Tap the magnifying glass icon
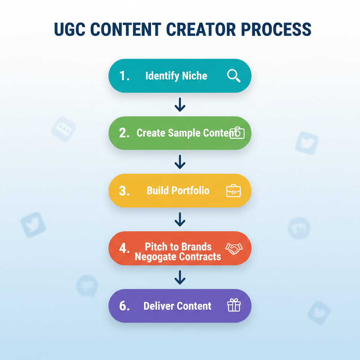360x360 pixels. (234, 76)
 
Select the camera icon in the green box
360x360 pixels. (237, 133)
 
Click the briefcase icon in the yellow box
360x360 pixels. (233, 191)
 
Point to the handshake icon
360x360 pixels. (234, 248)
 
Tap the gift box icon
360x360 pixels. (234, 306)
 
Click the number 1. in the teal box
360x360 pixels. (124, 76)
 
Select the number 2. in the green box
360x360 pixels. (124, 133)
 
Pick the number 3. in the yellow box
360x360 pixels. (124, 191)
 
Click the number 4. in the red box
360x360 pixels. (124, 248)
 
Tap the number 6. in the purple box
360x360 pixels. (124, 306)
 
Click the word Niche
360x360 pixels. (194, 76)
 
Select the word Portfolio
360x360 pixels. (190, 191)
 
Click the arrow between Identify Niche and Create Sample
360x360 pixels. (180, 105)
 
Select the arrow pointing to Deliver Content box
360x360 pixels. (180, 277)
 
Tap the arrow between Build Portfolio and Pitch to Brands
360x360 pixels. (180, 219)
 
